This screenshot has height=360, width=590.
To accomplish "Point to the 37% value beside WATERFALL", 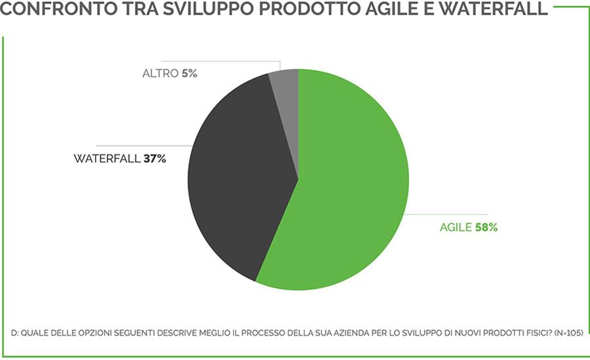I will coord(155,159).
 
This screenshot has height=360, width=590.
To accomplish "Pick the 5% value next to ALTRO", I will coord(189,73).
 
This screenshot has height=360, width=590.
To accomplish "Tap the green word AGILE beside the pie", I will coord(456,228).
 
